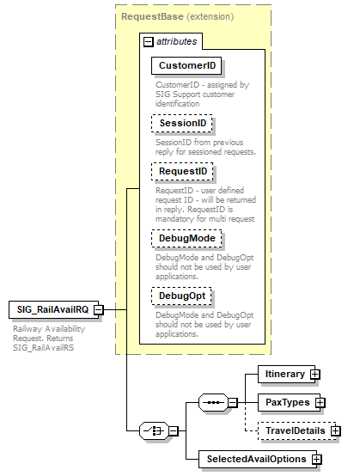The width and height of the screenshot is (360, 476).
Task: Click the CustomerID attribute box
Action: [186, 66]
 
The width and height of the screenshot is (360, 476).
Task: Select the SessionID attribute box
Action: [182, 124]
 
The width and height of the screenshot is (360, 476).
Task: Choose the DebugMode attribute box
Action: [186, 238]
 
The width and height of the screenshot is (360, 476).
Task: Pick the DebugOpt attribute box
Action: [182, 296]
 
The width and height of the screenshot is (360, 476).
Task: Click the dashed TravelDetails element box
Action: [294, 430]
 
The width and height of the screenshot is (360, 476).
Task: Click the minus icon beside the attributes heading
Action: [149, 40]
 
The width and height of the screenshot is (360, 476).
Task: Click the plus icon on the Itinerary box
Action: [315, 375]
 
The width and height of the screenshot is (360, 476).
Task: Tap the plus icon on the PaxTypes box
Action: [320, 402]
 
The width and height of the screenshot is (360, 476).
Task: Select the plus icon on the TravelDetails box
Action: [336, 430]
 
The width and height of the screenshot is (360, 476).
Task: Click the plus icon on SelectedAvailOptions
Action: [317, 460]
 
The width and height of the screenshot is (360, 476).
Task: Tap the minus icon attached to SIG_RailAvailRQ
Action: [99, 309]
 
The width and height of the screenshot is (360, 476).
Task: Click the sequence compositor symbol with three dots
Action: [211, 402]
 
